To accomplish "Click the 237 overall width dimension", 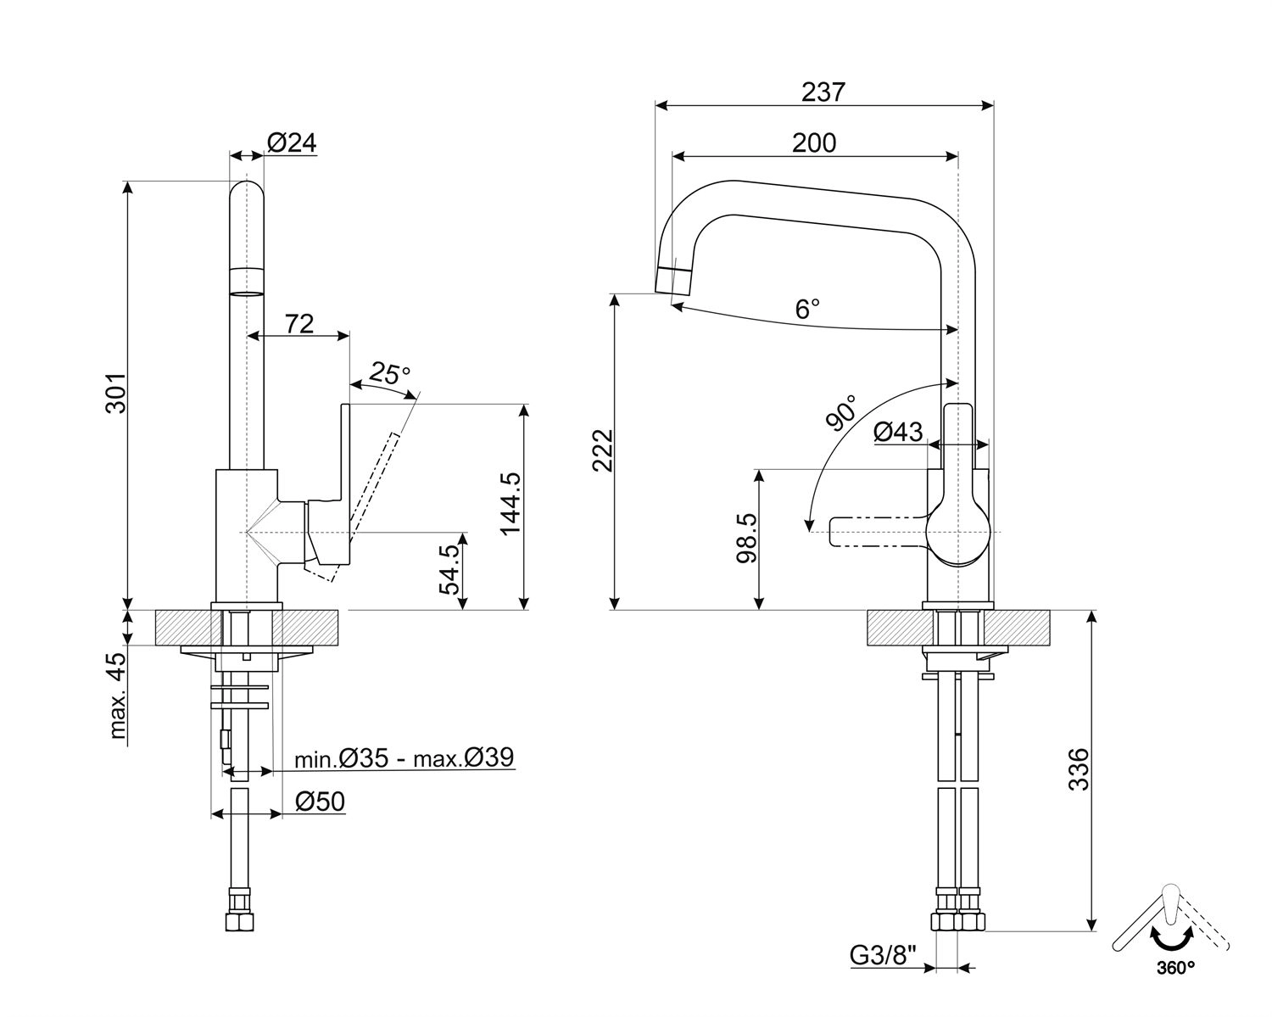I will (x=823, y=92).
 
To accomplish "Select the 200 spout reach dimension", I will (x=814, y=142).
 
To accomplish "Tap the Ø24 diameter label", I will (x=292, y=142).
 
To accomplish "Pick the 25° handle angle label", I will (x=390, y=373).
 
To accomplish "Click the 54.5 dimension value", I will (x=449, y=569).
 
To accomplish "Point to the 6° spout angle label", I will (x=807, y=308).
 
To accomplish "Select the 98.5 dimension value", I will (x=746, y=538).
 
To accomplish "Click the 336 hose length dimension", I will (x=1078, y=768).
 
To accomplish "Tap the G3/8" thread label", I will (x=884, y=956).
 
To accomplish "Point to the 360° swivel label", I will (x=1174, y=966).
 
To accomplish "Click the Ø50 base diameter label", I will (x=320, y=801).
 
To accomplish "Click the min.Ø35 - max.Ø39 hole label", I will (x=404, y=757).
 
